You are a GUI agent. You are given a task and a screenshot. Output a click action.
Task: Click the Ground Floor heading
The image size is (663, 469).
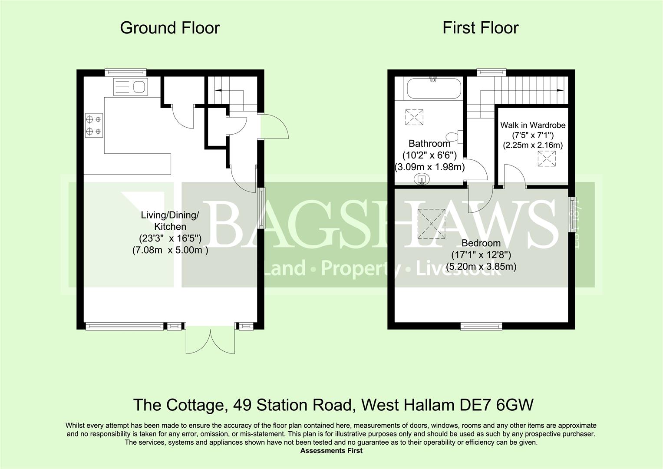(x=170, y=28)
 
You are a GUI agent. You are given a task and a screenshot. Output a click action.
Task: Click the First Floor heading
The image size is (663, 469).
(x=481, y=28)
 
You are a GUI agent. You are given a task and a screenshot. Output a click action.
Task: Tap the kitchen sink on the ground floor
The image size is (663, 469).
(x=131, y=87)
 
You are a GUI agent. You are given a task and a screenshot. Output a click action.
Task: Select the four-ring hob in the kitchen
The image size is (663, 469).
(x=94, y=125)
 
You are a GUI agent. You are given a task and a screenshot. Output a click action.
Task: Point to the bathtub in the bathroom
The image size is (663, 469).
(x=433, y=88)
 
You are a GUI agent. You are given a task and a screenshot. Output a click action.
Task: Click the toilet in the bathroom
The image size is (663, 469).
(x=454, y=137)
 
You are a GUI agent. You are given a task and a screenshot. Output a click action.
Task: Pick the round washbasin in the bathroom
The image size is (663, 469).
(x=422, y=179)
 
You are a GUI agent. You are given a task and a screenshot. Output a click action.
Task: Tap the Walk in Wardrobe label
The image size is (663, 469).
(x=533, y=125)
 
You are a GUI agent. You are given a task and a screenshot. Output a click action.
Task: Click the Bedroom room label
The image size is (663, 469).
(x=481, y=243)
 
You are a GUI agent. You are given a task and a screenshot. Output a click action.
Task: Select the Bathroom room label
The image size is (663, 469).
(x=429, y=144)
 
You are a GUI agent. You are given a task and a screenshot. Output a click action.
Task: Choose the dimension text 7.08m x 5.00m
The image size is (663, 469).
(x=170, y=250)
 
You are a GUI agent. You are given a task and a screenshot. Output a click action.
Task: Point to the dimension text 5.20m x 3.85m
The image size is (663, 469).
(x=481, y=267)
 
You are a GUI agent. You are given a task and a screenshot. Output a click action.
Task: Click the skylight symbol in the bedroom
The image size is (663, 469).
(x=431, y=224)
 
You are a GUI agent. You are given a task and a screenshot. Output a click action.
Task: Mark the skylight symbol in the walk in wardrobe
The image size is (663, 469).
(x=547, y=159)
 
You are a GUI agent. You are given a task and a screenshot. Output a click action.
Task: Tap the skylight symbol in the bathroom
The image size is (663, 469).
(x=414, y=117)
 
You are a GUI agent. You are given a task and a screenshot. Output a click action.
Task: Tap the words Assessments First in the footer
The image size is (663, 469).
(x=332, y=451)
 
